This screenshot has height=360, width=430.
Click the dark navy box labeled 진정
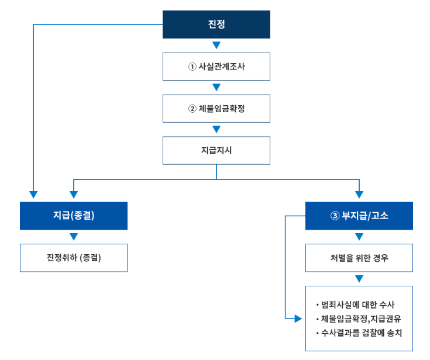(x=216, y=25)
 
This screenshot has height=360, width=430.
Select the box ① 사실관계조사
(x=216, y=67)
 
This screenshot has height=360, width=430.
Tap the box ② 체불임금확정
(x=216, y=109)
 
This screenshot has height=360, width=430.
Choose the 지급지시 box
(x=216, y=151)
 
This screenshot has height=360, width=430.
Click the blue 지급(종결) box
(x=74, y=216)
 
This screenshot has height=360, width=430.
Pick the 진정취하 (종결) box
(x=74, y=258)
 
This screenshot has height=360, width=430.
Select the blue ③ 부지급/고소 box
(x=359, y=216)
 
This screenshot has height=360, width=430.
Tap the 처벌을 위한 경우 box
(x=359, y=258)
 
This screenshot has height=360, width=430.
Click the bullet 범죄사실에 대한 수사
(x=357, y=305)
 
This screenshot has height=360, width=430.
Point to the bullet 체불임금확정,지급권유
(x=361, y=319)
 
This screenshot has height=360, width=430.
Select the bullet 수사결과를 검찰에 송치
(x=361, y=333)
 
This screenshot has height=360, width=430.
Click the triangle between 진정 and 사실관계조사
(x=216, y=46)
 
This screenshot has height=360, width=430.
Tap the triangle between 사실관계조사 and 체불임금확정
(x=216, y=88)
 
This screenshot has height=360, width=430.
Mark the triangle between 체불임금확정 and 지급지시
(x=216, y=130)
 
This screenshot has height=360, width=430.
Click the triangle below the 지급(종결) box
(x=74, y=237)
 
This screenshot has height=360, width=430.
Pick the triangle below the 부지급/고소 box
(x=359, y=237)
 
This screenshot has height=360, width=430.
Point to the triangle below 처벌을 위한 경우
(x=359, y=279)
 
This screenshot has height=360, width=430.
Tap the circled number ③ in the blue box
(x=335, y=216)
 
